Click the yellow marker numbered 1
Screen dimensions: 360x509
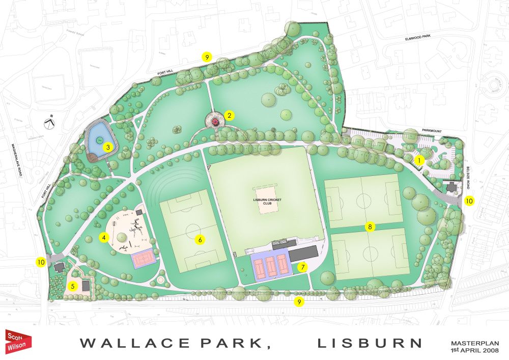(x=419, y=160)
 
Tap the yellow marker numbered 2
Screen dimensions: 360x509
(x=230, y=115)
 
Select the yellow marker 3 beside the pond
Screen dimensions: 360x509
(x=107, y=147)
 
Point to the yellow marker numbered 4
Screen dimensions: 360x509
(x=103, y=237)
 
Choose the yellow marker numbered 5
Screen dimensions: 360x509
(x=73, y=286)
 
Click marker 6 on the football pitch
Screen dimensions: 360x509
(x=200, y=239)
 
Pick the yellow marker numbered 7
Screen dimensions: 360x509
(x=302, y=267)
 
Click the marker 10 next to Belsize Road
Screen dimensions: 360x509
(x=469, y=201)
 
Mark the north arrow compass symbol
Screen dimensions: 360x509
(x=49, y=123)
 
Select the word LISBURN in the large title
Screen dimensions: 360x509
(x=370, y=343)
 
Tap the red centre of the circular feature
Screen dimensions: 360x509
(x=215, y=121)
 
